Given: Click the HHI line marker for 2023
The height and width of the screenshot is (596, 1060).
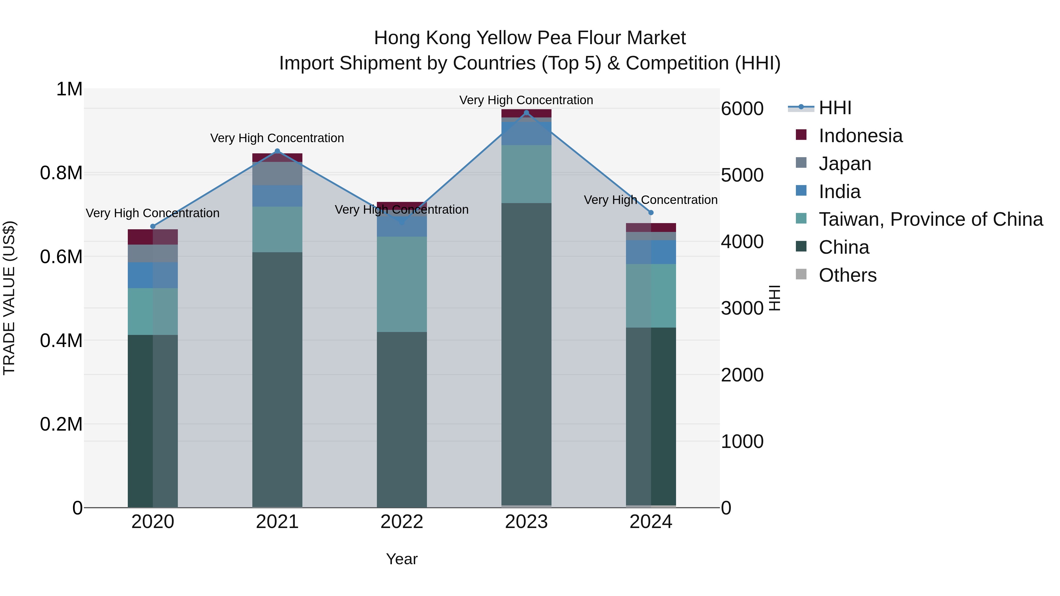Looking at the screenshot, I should click(x=526, y=113).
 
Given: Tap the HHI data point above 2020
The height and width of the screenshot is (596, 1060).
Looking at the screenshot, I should click(x=153, y=226).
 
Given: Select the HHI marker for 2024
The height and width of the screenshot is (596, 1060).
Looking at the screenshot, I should click(x=650, y=213).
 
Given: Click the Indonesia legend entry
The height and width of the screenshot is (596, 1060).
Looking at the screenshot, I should click(x=860, y=136).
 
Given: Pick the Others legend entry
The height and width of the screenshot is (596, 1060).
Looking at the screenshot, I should click(x=847, y=275).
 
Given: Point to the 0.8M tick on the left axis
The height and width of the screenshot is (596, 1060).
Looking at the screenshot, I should click(x=61, y=173).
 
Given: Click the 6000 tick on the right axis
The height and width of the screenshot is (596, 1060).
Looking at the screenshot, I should click(x=742, y=109).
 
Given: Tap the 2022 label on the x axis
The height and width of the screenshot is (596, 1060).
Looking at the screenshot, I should click(x=402, y=522).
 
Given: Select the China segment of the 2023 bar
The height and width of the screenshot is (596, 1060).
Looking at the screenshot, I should click(x=526, y=354).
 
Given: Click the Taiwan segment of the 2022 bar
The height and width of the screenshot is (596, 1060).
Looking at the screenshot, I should click(x=402, y=284).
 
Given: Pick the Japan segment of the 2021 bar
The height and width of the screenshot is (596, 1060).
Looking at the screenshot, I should click(x=277, y=174).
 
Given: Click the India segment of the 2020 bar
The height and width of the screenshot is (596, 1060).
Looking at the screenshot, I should click(x=153, y=275).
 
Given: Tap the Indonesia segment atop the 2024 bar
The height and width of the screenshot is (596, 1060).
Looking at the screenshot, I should click(x=650, y=228).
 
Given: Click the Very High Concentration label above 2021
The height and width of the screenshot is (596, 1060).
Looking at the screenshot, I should click(x=277, y=138).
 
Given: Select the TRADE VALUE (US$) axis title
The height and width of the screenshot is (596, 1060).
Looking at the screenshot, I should click(x=9, y=298).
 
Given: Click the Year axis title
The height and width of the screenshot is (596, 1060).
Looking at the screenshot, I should click(x=402, y=559).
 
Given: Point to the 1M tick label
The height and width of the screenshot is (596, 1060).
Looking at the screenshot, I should click(x=69, y=89).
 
